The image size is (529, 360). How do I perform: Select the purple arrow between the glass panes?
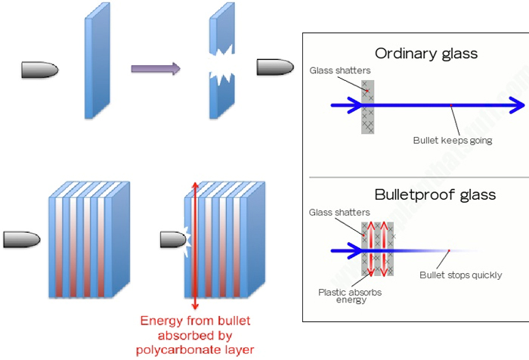[156, 69]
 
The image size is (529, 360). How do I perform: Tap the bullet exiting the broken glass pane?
[275, 67]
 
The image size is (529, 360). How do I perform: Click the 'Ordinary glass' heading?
[426, 54]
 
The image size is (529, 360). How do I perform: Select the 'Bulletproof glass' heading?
[435, 194]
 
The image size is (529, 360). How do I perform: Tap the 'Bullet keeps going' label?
[453, 140]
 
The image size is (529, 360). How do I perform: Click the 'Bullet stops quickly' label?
[460, 275]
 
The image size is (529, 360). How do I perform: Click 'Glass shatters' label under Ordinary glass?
[340, 70]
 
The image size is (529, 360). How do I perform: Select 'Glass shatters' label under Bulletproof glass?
[340, 213]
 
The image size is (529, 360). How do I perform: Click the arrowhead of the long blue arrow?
[517, 105]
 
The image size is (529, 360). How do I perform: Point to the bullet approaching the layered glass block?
[21, 240]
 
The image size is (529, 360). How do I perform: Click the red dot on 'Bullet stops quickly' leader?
[449, 250]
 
